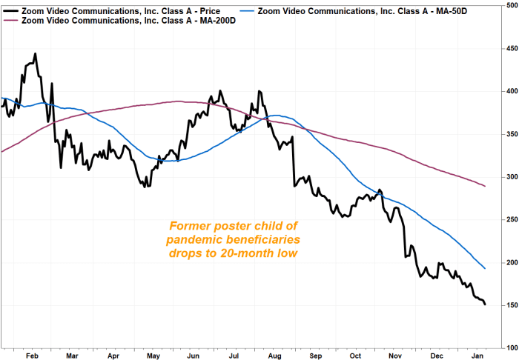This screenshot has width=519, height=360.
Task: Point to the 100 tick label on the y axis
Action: [x=509, y=347]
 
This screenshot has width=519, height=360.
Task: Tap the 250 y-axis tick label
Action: [x=509, y=220]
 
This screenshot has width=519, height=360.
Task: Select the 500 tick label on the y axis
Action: [x=509, y=6]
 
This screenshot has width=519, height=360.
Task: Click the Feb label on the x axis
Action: [x=32, y=356]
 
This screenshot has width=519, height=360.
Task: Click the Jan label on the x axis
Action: [x=478, y=356]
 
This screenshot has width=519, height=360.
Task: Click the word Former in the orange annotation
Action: [x=188, y=226]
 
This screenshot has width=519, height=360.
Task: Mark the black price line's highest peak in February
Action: [x=35, y=54]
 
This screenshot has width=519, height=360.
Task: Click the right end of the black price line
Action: [x=485, y=304]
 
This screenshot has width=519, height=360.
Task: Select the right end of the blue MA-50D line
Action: [x=485, y=268]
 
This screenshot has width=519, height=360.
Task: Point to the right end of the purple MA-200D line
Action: [x=485, y=186]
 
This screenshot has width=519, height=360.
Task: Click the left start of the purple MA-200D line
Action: [x=1, y=151]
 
